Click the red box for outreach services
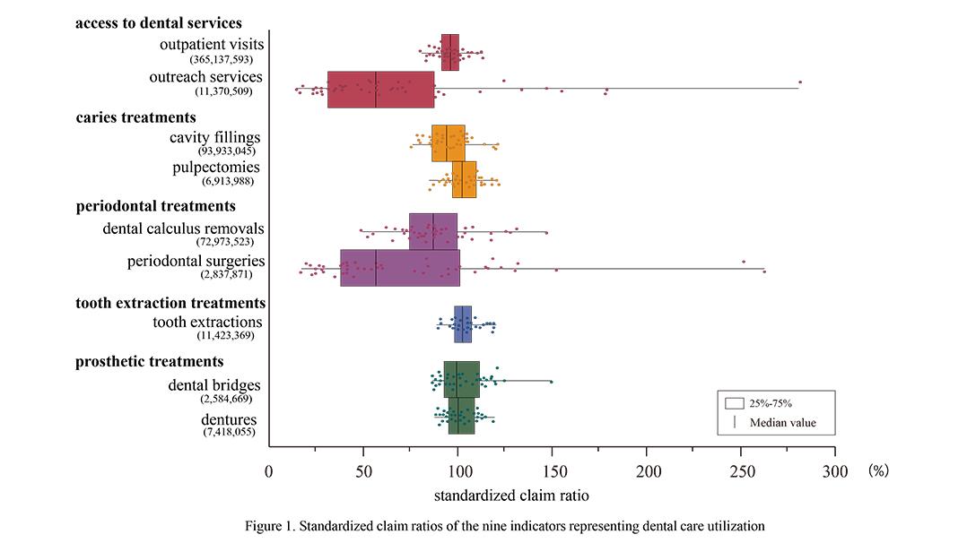tap(381, 90)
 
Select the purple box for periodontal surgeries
tap(400, 268)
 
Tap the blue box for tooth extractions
tap(463, 324)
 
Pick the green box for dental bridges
tap(461, 380)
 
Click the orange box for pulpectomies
tap(464, 180)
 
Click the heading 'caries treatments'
tap(135, 117)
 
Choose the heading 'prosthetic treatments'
tap(149, 361)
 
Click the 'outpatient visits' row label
tap(211, 44)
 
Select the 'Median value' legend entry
tap(782, 423)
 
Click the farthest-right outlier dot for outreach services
tap(799, 82)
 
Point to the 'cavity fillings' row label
tap(214, 137)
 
